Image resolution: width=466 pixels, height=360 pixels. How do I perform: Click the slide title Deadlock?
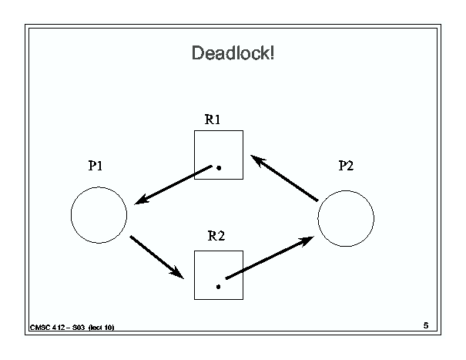pyautogui.click(x=233, y=53)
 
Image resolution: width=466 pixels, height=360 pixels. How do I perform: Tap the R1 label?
pyautogui.click(x=213, y=119)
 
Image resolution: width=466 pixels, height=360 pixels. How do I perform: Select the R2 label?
pyautogui.click(x=216, y=236)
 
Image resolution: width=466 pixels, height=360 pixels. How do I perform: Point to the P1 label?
pyautogui.click(x=96, y=166)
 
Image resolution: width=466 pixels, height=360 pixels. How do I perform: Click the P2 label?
pyautogui.click(x=347, y=166)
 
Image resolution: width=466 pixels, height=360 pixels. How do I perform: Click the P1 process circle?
pyautogui.click(x=71, y=215)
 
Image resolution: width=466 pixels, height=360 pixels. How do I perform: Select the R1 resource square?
pyautogui.click(x=194, y=155)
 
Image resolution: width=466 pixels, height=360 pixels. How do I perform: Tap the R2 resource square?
pyautogui.click(x=194, y=275)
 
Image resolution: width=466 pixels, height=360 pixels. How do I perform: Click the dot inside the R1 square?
pyautogui.click(x=219, y=168)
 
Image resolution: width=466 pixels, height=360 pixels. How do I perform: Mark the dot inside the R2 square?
pyautogui.click(x=219, y=287)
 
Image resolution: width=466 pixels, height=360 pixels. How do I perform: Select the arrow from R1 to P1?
pyautogui.click(x=173, y=185)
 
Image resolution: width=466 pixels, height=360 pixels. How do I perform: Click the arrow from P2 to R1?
pyautogui.click(x=284, y=178)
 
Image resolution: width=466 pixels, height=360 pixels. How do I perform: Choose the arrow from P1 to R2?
pyautogui.click(x=157, y=257)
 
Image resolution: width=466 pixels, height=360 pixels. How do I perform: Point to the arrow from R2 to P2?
pyautogui.click(x=270, y=257)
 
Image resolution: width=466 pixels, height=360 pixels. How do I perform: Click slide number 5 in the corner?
pyautogui.click(x=426, y=325)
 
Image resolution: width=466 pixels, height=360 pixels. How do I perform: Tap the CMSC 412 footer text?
pyautogui.click(x=72, y=328)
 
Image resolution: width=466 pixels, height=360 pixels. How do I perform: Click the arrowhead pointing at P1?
pyautogui.click(x=141, y=200)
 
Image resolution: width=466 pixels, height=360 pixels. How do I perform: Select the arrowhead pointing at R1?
pyautogui.click(x=256, y=160)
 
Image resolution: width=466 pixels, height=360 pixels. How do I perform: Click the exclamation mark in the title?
pyautogui.click(x=272, y=53)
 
